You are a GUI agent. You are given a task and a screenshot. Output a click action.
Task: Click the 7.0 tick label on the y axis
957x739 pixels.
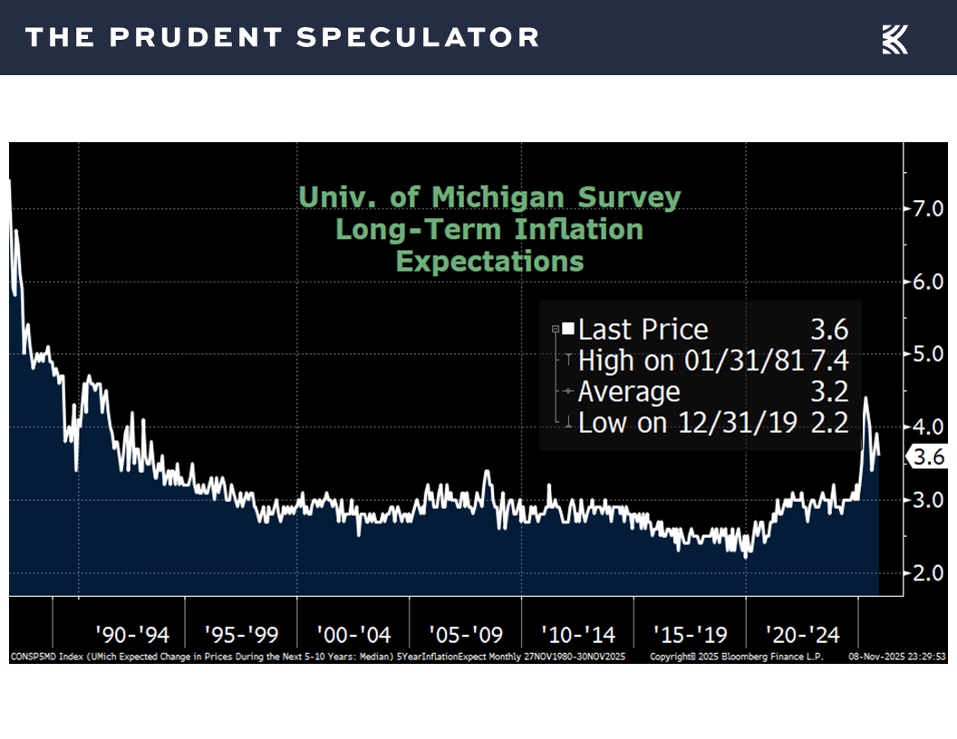point(928,208)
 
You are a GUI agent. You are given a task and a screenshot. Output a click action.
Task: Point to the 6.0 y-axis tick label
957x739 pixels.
point(928,282)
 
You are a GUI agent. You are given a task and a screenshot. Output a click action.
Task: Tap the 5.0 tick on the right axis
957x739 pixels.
point(928,354)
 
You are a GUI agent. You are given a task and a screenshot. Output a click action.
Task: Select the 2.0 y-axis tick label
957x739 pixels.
point(928,572)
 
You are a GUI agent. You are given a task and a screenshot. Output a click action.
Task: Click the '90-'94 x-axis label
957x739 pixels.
point(133,632)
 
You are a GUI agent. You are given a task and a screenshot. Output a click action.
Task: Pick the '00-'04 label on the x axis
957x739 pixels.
point(353,632)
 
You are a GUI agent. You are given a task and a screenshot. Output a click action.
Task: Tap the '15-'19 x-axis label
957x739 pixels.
point(690,632)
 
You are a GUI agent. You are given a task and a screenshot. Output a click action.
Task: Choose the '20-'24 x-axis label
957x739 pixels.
point(802,632)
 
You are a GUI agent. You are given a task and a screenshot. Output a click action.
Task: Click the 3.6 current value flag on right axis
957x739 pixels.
point(928,458)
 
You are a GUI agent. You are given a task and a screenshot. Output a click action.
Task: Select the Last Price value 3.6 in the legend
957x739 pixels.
point(829,330)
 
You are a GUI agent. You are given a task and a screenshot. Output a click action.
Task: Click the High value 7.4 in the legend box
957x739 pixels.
point(829,360)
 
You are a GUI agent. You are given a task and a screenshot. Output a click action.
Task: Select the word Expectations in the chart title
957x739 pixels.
point(489,261)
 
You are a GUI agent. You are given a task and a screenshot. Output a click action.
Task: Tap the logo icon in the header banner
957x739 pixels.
point(894,38)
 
